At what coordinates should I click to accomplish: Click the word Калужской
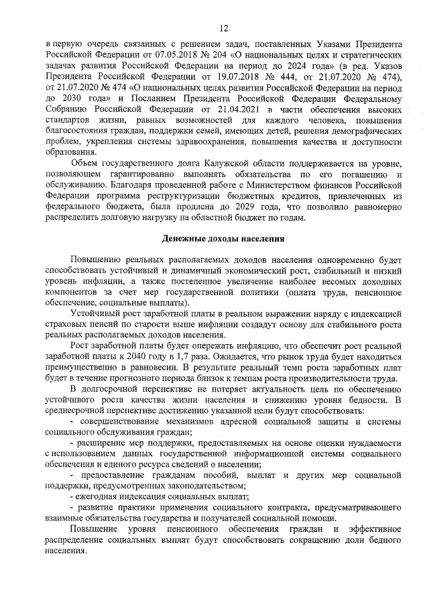[x=190, y=164]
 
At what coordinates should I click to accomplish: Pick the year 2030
[x=65, y=97]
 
